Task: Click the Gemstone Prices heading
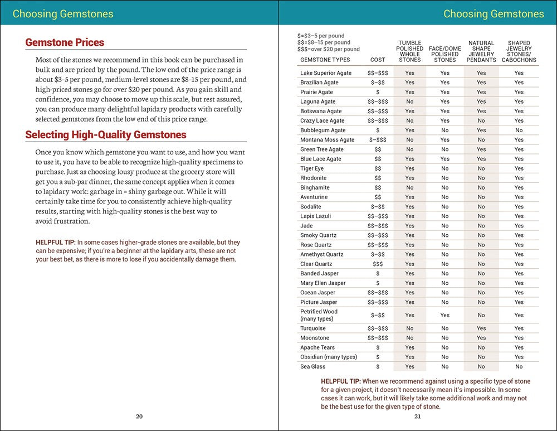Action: point(65,42)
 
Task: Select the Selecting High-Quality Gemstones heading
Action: point(106,134)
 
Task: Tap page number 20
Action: point(139,416)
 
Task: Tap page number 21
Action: point(418,416)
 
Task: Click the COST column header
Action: point(377,60)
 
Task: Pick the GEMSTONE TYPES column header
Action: point(325,60)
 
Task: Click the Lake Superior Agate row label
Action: point(326,73)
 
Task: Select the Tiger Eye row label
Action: point(312,168)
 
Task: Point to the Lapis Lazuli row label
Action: point(316,216)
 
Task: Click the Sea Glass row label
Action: point(313,366)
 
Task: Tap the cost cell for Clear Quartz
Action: point(378,264)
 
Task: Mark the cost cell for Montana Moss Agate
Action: point(378,140)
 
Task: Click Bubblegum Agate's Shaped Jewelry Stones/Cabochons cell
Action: point(519,130)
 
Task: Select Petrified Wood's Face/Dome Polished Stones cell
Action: point(444,315)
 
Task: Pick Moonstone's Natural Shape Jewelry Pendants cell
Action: point(481,338)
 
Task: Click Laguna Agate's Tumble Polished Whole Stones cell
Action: point(409,101)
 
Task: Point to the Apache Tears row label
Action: point(317,347)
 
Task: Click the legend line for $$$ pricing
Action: point(329,50)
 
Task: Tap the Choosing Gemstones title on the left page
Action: point(63,14)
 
